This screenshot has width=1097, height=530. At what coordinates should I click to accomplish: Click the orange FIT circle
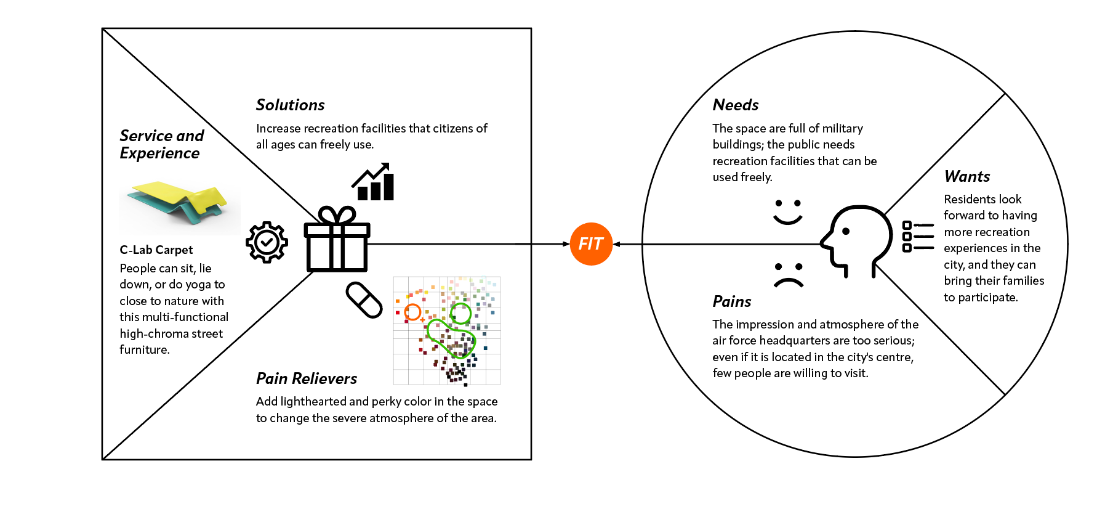tap(591, 244)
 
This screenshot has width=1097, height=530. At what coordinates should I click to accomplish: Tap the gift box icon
tap(337, 240)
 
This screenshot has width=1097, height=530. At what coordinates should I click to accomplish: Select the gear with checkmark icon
tap(267, 242)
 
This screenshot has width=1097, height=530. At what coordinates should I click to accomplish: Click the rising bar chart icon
tap(374, 182)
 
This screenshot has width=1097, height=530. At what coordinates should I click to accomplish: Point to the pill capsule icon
tap(364, 300)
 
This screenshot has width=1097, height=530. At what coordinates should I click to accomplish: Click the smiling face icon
tap(787, 211)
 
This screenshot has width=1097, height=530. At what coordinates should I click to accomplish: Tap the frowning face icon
tap(789, 275)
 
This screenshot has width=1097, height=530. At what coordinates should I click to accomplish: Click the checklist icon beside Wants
tap(917, 237)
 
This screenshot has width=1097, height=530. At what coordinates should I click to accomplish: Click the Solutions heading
tap(290, 105)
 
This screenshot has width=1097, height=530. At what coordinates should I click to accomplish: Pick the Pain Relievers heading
tap(307, 378)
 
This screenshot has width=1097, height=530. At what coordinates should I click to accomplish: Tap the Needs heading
tap(735, 105)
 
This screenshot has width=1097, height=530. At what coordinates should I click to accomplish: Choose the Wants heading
tap(966, 177)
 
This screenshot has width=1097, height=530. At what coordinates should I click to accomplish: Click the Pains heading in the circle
tap(731, 302)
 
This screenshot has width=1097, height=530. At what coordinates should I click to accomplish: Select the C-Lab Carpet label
tap(156, 250)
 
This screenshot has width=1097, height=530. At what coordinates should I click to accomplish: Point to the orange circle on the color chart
tap(412, 312)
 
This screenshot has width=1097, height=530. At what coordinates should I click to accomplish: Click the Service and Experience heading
tap(161, 144)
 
